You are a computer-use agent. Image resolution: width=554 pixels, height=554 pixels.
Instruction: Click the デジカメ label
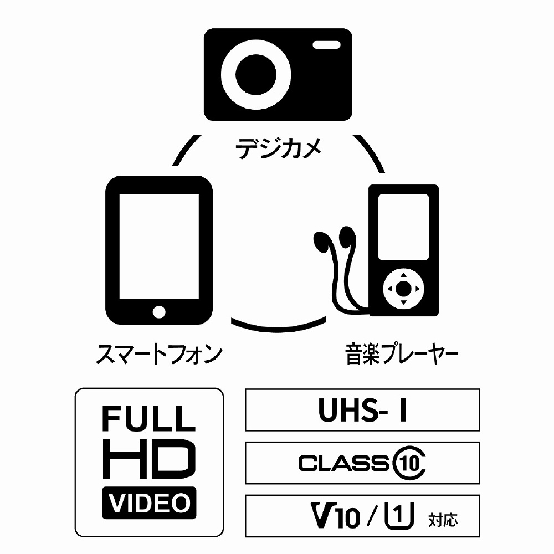pyautogui.click(x=278, y=149)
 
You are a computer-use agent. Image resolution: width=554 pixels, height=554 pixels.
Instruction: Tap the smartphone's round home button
pyautogui.click(x=159, y=311)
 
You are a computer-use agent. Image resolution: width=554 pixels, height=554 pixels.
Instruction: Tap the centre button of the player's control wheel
pyautogui.click(x=404, y=288)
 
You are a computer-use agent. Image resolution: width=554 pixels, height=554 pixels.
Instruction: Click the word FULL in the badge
pyautogui.click(x=148, y=419)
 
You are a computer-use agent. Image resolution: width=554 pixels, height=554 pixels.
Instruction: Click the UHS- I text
pyautogui.click(x=362, y=411)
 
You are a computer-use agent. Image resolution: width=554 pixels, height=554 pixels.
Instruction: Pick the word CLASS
pyautogui.click(x=343, y=463)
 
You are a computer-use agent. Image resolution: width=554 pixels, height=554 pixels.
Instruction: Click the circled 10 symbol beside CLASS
pyautogui.click(x=411, y=463)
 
